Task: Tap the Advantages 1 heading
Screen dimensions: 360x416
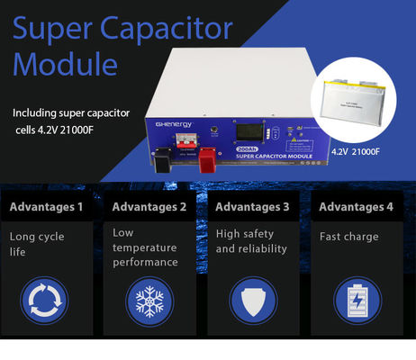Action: pyautogui.click(x=46, y=207)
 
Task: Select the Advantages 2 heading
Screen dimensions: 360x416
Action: pyautogui.click(x=149, y=207)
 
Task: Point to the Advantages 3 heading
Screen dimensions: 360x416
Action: pyautogui.click(x=253, y=207)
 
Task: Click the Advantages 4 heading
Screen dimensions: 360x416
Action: pyautogui.click(x=357, y=207)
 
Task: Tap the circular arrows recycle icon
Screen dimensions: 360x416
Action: pyautogui.click(x=44, y=300)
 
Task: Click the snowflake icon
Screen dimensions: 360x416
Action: pyautogui.click(x=148, y=300)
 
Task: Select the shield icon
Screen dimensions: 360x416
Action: pyautogui.click(x=252, y=300)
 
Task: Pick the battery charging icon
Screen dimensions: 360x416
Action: pyautogui.click(x=356, y=300)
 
